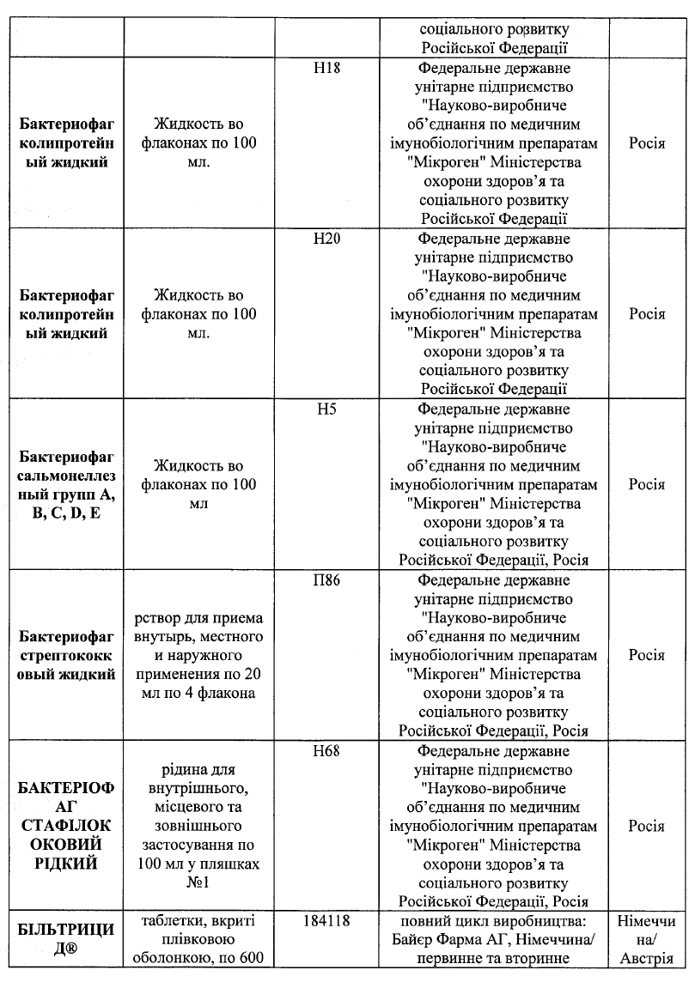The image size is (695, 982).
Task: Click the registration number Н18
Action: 326,69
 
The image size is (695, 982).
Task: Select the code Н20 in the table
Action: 326,239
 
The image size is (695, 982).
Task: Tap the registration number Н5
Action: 326,409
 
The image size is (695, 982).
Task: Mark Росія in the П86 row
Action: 646,655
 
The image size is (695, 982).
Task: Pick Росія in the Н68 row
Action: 646,826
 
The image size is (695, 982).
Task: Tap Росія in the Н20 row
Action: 646,314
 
